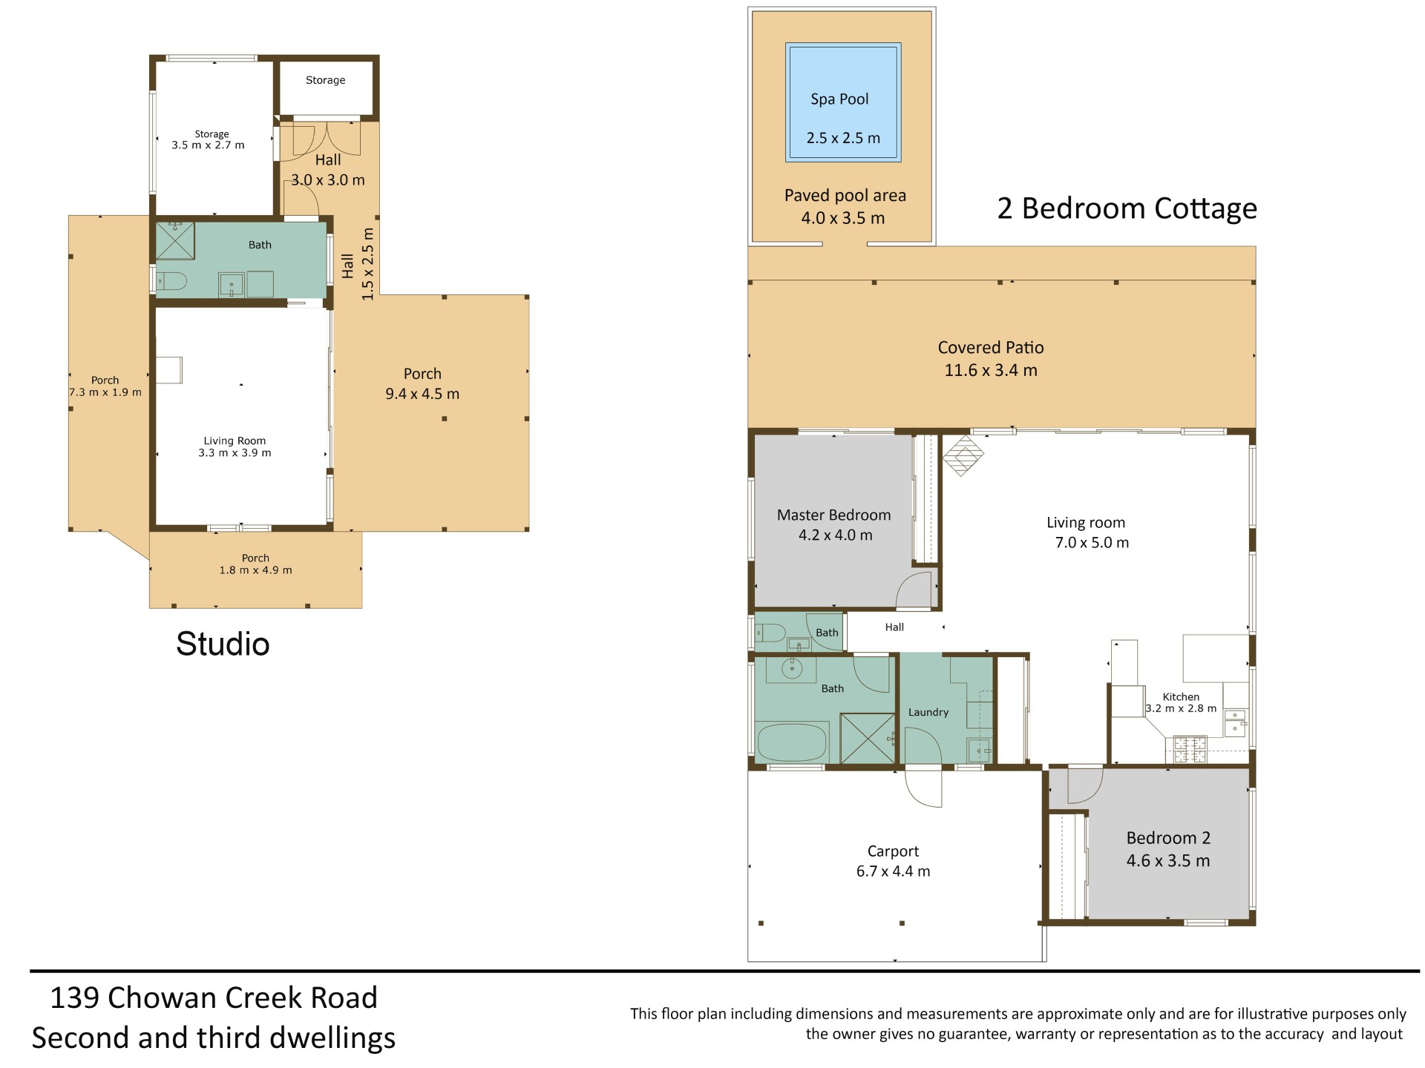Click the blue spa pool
click(x=843, y=102)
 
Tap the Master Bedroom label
click(x=833, y=515)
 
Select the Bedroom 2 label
click(x=1168, y=838)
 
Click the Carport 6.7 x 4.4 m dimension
click(x=893, y=871)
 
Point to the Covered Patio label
click(x=991, y=347)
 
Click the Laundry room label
click(x=928, y=712)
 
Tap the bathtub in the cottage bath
click(x=792, y=742)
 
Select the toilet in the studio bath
click(x=172, y=282)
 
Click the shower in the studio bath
click(x=175, y=240)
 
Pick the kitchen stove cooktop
click(x=1190, y=750)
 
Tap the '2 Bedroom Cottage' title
click(x=1127, y=208)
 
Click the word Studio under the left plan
click(x=223, y=644)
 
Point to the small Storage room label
click(x=325, y=80)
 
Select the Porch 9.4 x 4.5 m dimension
click(x=422, y=394)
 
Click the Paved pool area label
click(x=845, y=196)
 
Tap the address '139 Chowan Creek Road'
click(x=214, y=998)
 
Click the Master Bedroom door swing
click(x=914, y=590)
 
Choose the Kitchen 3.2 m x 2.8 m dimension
click(x=1181, y=708)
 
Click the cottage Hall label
click(x=894, y=627)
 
